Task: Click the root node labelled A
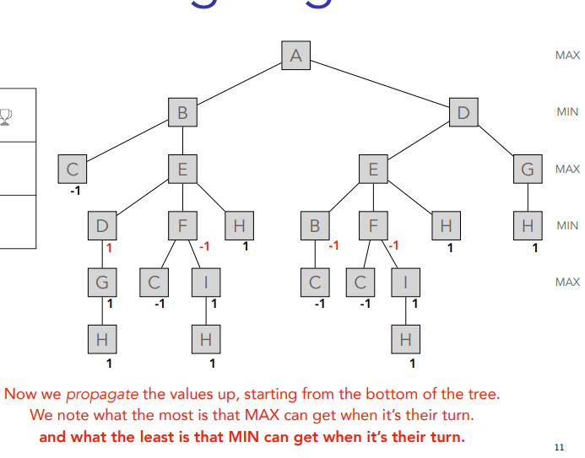pyautogui.click(x=295, y=56)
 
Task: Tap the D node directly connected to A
pyautogui.click(x=463, y=112)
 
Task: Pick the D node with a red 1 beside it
pyautogui.click(x=102, y=226)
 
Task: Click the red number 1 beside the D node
pyautogui.click(x=109, y=248)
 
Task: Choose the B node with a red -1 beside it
pyautogui.click(x=315, y=226)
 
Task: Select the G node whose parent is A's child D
pyautogui.click(x=528, y=170)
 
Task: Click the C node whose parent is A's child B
pyautogui.click(x=73, y=170)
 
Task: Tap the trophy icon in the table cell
pyautogui.click(x=6, y=116)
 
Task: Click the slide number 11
pyautogui.click(x=558, y=446)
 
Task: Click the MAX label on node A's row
pyautogui.click(x=567, y=55)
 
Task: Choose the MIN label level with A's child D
pyautogui.click(x=567, y=111)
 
